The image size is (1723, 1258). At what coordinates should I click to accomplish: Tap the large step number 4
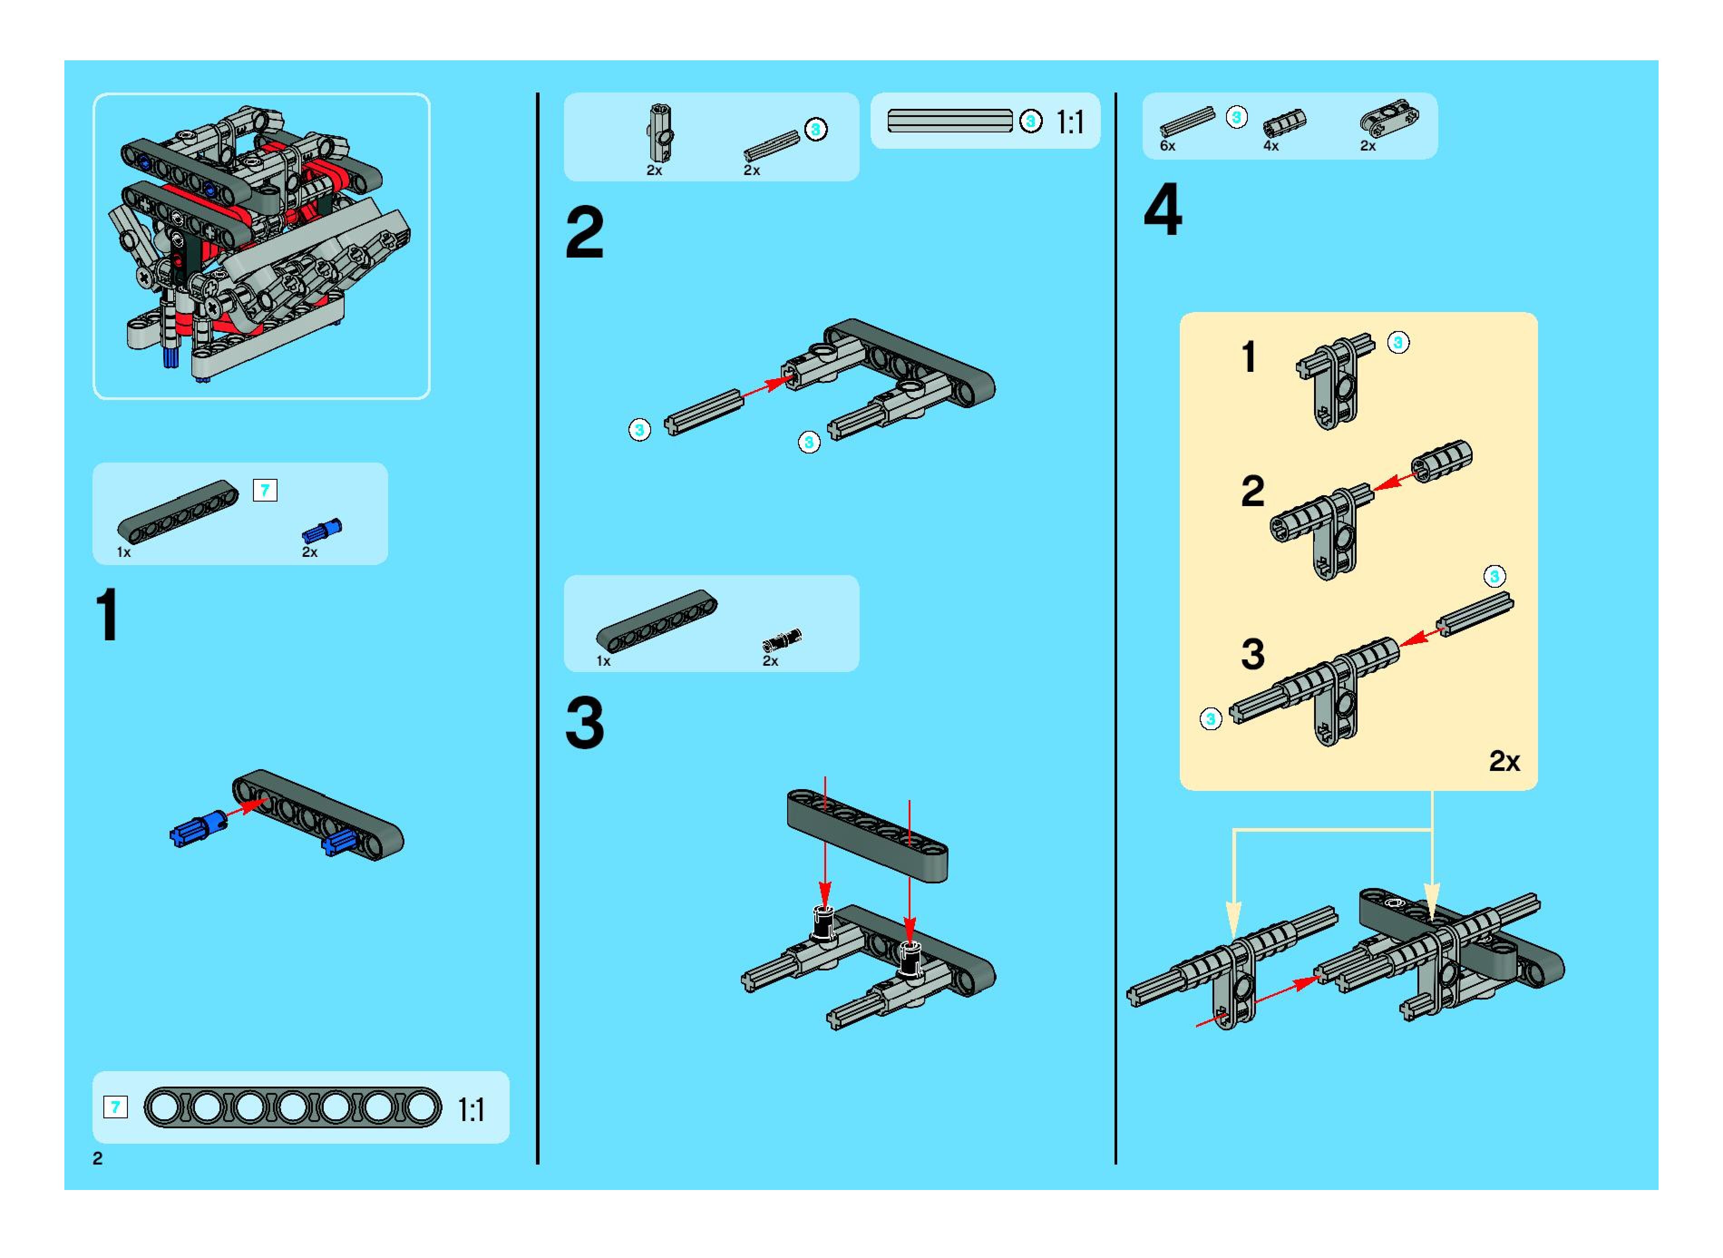click(1163, 210)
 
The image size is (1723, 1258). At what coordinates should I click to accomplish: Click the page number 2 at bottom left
click(97, 1158)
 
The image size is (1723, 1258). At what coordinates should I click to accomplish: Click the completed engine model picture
click(261, 245)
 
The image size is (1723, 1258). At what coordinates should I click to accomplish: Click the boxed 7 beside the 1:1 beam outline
click(115, 1107)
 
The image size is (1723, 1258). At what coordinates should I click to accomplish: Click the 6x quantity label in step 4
click(1167, 146)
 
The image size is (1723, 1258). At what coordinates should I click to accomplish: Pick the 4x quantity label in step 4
click(1271, 146)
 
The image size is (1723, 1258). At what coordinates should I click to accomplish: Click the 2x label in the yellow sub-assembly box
click(1504, 761)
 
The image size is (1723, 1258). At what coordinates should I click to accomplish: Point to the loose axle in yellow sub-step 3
click(1475, 614)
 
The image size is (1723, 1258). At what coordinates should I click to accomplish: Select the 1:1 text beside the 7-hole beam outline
click(471, 1110)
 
